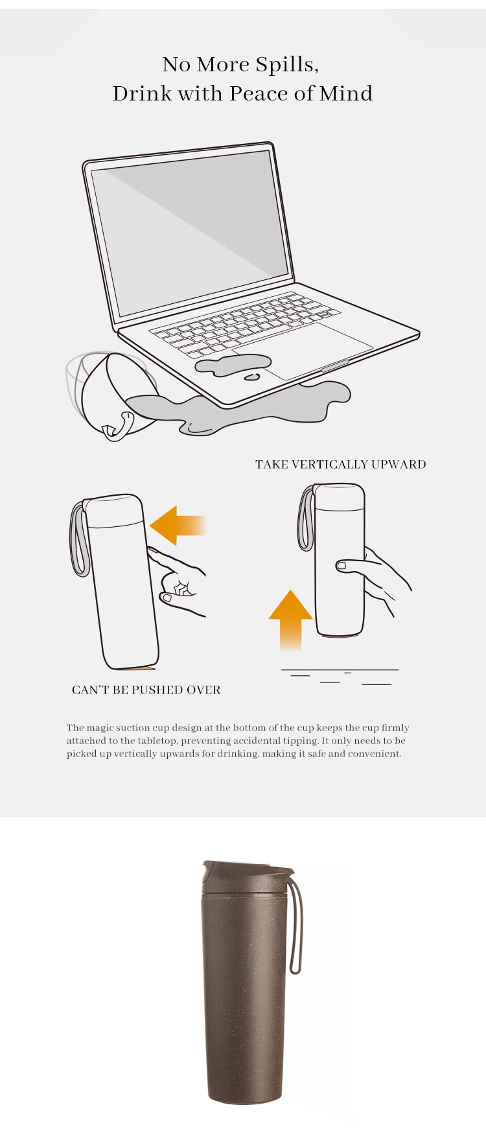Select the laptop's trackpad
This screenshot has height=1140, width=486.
[303, 350]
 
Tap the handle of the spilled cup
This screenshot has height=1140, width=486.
[119, 426]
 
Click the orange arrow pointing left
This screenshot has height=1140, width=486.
[178, 525]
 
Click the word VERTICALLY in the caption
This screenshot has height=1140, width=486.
[330, 465]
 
